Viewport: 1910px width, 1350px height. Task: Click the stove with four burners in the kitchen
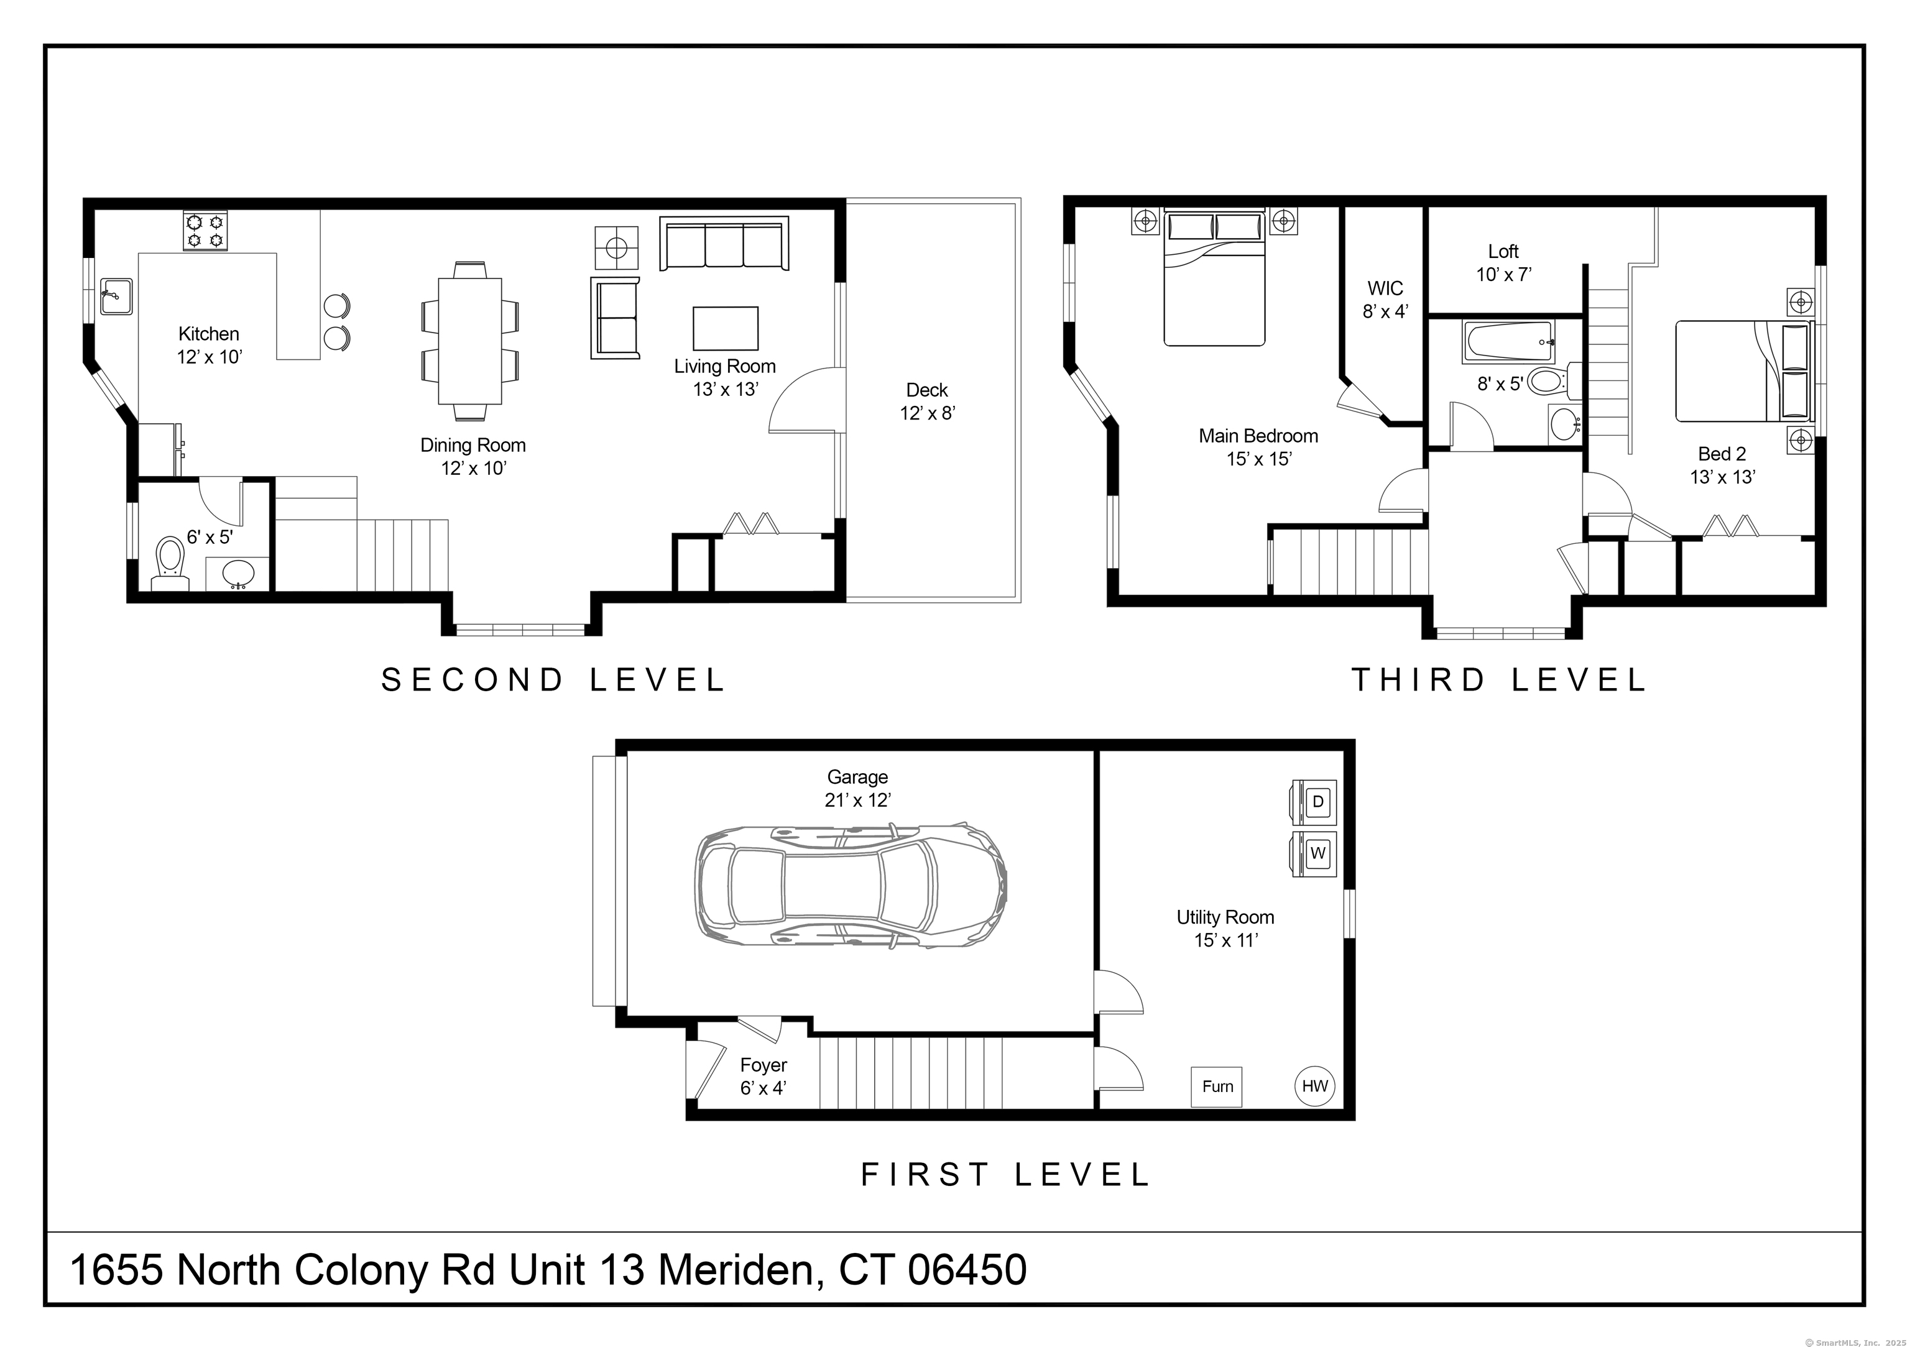205,231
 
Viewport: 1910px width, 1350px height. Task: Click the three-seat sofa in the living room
724,244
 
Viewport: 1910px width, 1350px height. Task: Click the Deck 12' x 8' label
927,402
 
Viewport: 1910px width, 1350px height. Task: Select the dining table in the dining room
470,340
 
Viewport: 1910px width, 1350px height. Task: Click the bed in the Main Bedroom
1214,278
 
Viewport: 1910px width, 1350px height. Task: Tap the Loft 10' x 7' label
1503,263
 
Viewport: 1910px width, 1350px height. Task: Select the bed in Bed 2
1743,371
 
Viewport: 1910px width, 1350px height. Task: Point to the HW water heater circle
1314,1085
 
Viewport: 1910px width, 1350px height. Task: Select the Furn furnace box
1217,1086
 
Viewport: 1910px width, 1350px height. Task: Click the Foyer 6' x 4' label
763,1077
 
